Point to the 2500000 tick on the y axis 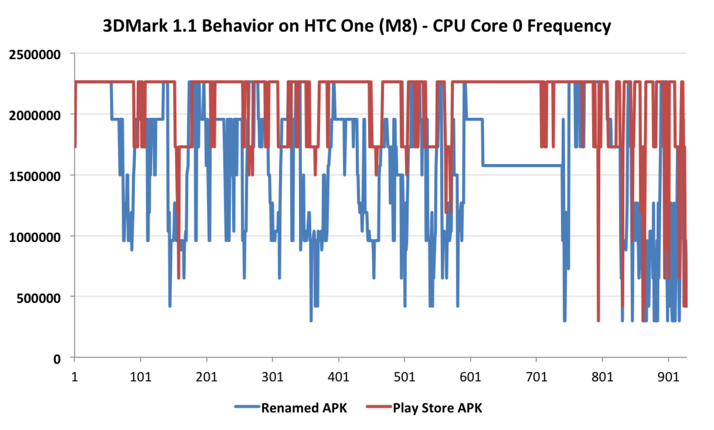click(x=35, y=54)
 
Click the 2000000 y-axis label click(x=35, y=115)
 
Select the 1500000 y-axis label click(x=35, y=176)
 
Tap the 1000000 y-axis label click(x=35, y=236)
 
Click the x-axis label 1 click(x=75, y=377)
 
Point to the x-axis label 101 click(x=141, y=377)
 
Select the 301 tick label click(x=272, y=377)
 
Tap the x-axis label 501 click(x=404, y=377)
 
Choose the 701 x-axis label click(x=536, y=377)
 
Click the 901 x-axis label click(x=668, y=377)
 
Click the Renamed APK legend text click(x=304, y=408)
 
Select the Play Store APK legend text click(x=437, y=408)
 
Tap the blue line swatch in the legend click(x=247, y=408)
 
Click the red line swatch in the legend click(x=379, y=408)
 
